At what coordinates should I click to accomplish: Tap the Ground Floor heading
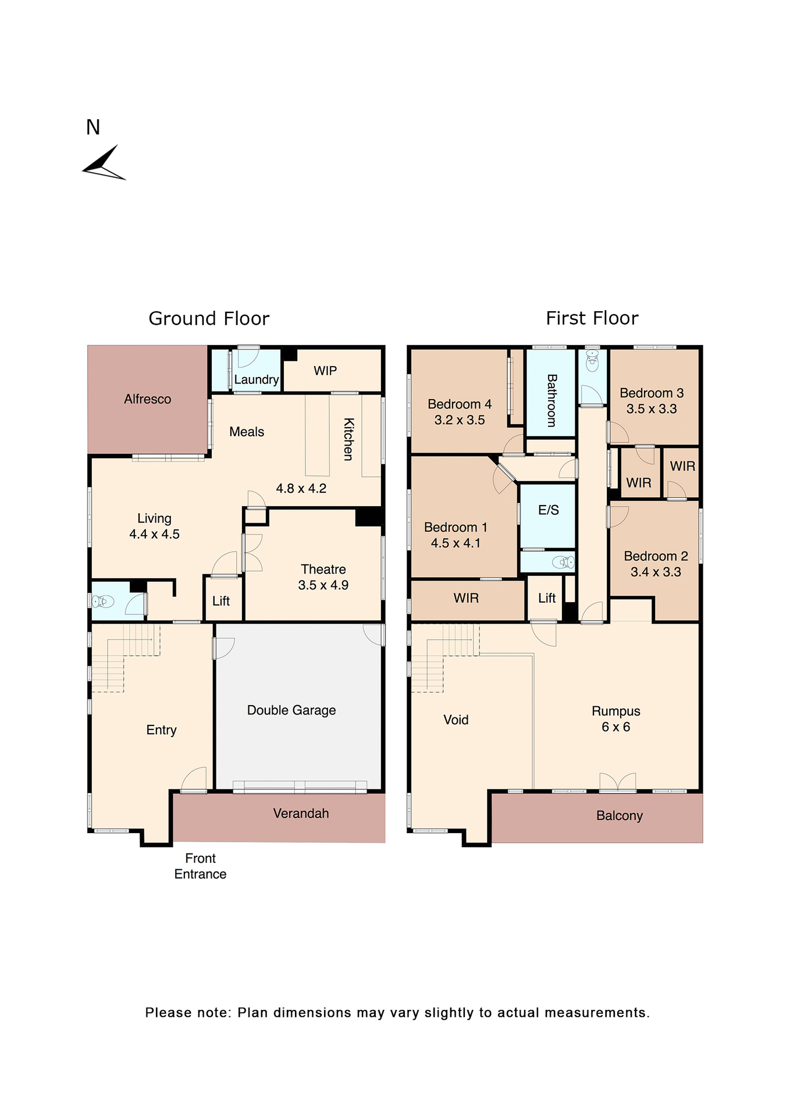[x=209, y=318]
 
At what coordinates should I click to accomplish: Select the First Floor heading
[x=592, y=318]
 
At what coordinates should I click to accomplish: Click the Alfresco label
[x=147, y=399]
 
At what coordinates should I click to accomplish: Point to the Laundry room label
[x=256, y=380]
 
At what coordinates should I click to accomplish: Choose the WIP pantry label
[x=325, y=371]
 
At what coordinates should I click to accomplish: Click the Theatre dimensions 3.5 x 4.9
[x=323, y=585]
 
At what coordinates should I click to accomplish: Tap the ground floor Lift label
[x=221, y=601]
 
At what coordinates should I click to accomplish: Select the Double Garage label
[x=291, y=710]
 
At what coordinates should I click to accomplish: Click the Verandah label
[x=301, y=813]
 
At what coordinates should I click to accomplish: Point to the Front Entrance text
[x=200, y=866]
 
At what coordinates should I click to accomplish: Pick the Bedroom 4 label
[x=460, y=404]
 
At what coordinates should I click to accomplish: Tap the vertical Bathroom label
[x=551, y=400]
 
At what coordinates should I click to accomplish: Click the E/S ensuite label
[x=548, y=510]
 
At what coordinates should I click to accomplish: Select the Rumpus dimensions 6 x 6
[x=615, y=727]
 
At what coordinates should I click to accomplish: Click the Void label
[x=456, y=720]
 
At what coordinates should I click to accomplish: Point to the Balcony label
[x=619, y=816]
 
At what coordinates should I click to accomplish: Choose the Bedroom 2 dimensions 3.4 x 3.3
[x=656, y=572]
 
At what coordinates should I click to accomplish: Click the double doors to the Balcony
[x=618, y=782]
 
